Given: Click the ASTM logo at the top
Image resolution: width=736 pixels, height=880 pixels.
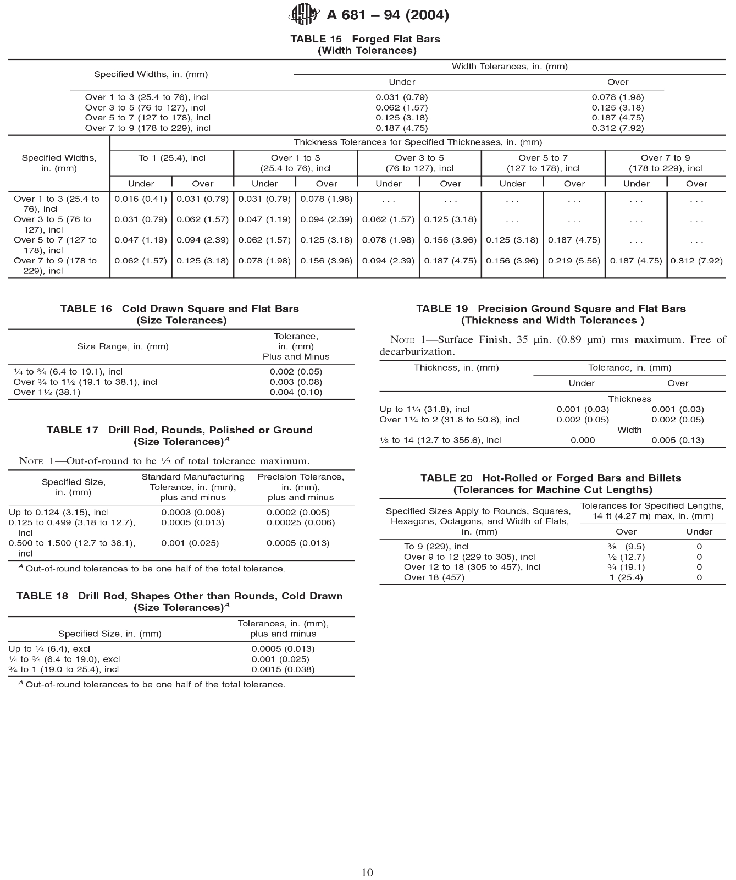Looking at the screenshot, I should (303, 14).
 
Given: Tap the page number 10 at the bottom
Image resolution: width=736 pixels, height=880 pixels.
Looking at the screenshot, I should (368, 872).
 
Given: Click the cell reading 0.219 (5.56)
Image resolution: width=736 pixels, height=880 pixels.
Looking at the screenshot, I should (574, 261).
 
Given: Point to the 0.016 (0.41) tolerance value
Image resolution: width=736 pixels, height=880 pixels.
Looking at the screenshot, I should (141, 199).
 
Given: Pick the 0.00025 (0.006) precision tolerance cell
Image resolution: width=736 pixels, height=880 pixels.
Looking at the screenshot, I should (301, 522).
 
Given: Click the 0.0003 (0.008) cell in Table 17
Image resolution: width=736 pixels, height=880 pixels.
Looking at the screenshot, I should (193, 512).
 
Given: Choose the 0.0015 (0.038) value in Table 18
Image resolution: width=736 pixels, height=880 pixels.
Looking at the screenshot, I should (283, 669).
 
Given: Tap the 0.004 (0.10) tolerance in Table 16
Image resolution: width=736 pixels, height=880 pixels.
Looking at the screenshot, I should (296, 392).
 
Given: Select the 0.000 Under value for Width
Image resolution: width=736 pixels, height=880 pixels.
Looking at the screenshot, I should (583, 440).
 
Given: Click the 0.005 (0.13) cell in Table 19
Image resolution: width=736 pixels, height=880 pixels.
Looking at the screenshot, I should (678, 440).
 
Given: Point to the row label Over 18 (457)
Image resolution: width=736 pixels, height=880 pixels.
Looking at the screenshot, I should (434, 577).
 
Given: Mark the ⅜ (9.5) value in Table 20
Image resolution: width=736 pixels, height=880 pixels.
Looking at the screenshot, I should (626, 547).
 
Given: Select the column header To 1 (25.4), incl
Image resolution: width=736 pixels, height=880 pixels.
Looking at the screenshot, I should (172, 158).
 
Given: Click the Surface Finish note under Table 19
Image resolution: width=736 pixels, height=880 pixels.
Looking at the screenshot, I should (552, 345).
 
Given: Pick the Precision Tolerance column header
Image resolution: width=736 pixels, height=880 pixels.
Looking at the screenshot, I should (301, 487).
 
